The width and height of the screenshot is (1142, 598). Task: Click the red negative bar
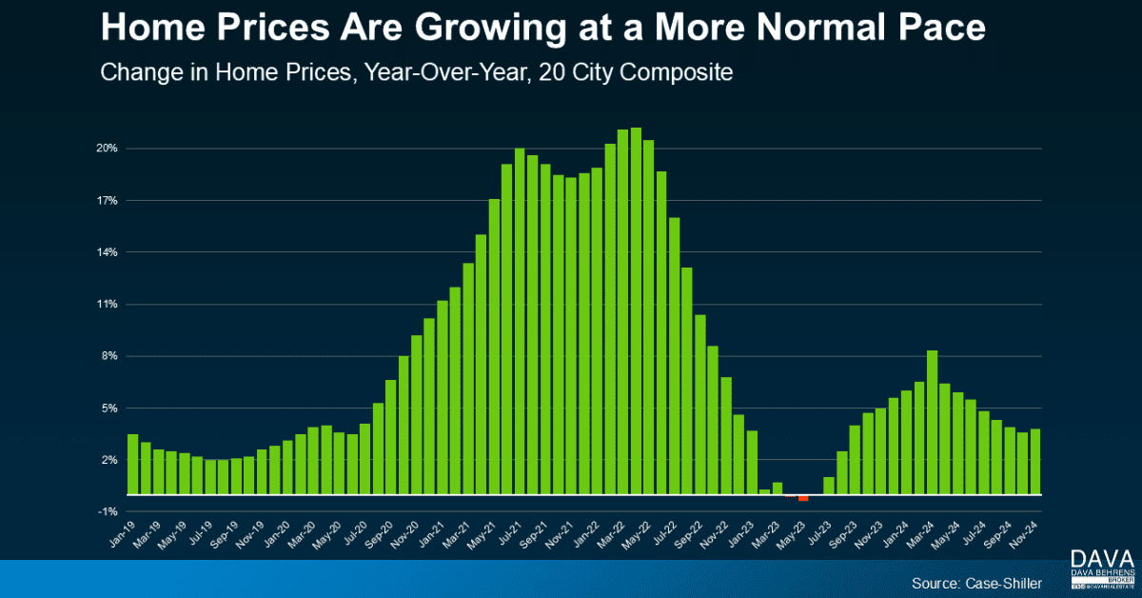click(x=803, y=498)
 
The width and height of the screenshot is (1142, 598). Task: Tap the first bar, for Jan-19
click(x=132, y=465)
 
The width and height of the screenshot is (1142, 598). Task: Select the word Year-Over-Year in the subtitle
click(x=446, y=72)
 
